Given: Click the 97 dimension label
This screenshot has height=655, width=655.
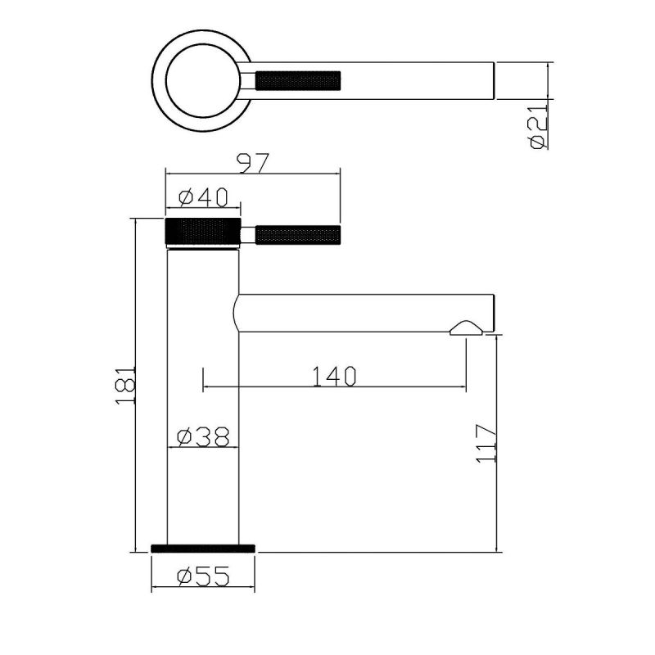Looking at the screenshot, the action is coord(253,163).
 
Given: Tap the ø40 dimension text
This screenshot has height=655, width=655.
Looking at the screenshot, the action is coord(203,197).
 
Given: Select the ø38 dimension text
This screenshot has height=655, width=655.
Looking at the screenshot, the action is coord(203,437).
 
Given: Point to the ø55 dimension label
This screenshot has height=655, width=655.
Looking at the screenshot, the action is coord(203,576).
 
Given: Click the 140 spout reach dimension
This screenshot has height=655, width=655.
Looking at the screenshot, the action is coord(334,377).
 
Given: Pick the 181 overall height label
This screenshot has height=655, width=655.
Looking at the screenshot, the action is coord(125,386).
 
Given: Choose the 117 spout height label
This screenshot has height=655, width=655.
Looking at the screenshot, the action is coord(486,444).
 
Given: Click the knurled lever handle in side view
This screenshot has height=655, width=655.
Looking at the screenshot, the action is coord(298,235).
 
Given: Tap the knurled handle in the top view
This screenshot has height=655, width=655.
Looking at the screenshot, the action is coord(298,80).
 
